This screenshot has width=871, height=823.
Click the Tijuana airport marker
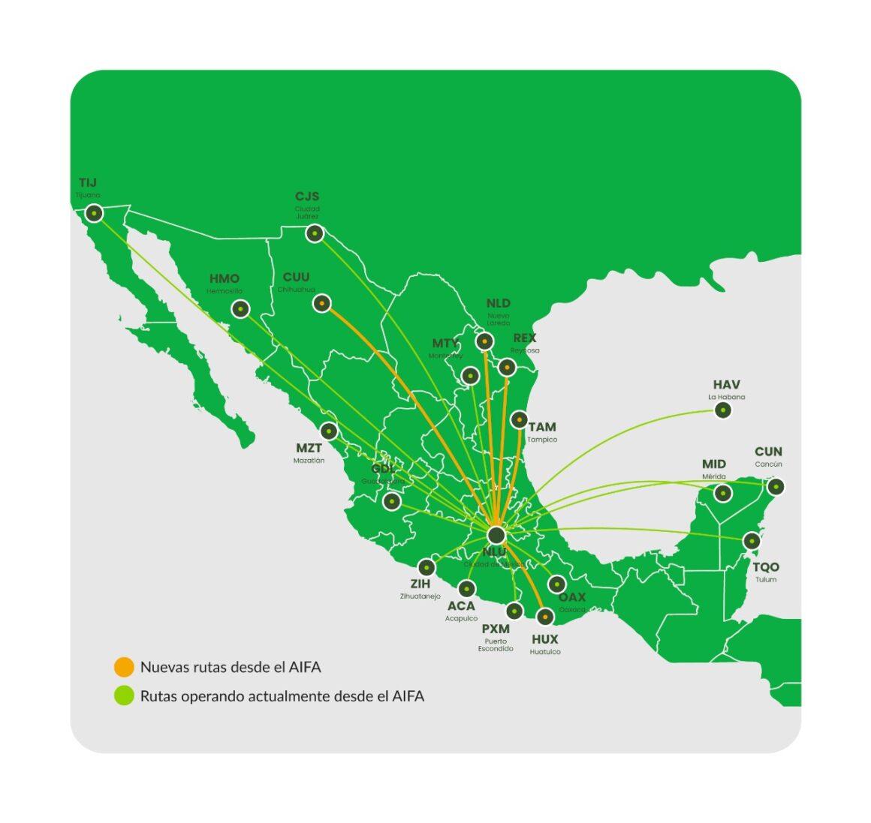(94, 213)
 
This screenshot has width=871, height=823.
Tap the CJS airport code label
(307, 197)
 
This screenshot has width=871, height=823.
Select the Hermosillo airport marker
(240, 308)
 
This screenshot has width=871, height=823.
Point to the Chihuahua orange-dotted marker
(322, 303)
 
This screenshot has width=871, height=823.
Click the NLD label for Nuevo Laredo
(498, 303)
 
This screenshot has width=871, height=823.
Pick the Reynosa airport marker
(507, 367)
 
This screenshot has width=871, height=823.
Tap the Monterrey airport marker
(470, 375)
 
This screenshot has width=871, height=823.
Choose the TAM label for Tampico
(542, 428)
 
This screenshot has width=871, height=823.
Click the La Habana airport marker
(722, 410)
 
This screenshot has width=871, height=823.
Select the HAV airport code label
(726, 385)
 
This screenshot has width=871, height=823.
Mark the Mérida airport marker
(722, 493)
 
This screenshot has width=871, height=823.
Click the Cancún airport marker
(776, 487)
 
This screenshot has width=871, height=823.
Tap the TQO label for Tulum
(766, 567)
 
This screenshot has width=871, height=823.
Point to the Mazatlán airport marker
(329, 431)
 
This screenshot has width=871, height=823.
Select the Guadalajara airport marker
(391, 501)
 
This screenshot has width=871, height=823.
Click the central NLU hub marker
(496, 535)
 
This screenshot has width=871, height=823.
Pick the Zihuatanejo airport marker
(426, 567)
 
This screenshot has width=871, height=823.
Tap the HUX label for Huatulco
(544, 639)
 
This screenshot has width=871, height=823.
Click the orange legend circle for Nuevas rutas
(124, 667)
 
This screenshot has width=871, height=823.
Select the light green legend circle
(124, 695)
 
